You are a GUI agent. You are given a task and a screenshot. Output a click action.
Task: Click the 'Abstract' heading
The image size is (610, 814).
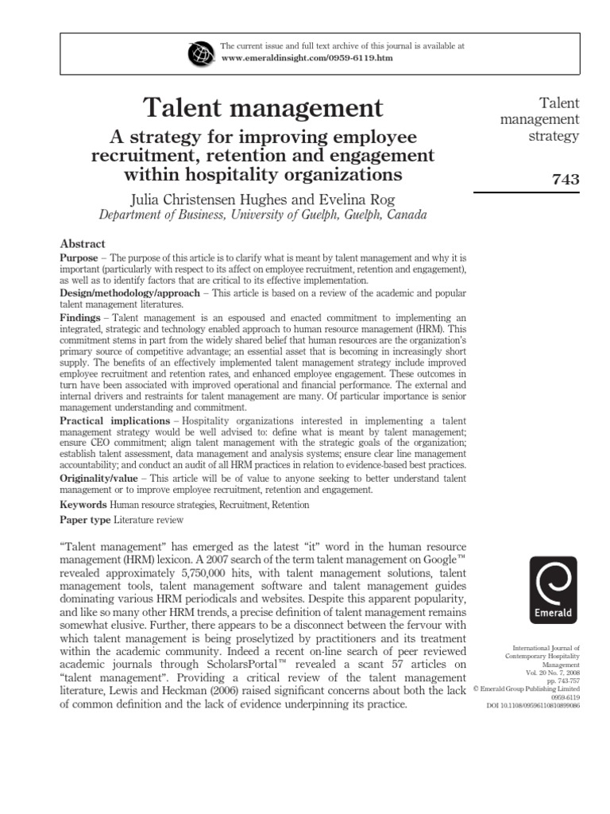click(83, 244)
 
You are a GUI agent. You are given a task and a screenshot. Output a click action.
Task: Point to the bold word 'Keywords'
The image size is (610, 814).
click(83, 505)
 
